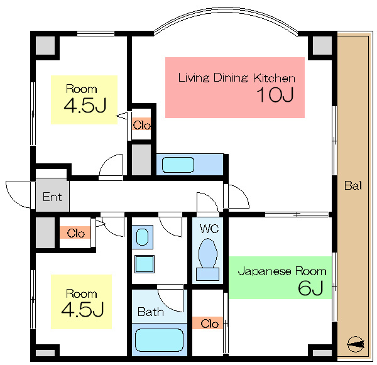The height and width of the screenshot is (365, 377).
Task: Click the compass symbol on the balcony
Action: [x=356, y=344]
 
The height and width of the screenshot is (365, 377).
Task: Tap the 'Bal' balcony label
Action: [x=353, y=185]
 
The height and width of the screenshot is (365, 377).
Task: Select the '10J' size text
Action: [x=275, y=95]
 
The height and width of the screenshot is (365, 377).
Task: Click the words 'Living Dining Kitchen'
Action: [x=237, y=78]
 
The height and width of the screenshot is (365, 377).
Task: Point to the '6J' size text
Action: [x=310, y=288]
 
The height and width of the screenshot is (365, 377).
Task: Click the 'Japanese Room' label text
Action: [x=282, y=271]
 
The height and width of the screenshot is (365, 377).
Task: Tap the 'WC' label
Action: [x=209, y=229]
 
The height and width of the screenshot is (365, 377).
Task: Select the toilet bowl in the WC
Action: [x=208, y=253]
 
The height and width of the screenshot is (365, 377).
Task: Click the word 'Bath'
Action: [x=151, y=312]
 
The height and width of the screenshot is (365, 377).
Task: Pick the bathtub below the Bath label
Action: [x=159, y=340]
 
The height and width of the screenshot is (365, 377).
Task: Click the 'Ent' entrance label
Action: [x=52, y=197]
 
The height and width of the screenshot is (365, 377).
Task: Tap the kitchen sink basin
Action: [x=178, y=165]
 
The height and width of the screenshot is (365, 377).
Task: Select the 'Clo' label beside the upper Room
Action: [x=141, y=125]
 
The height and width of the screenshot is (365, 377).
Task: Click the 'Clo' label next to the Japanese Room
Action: [x=210, y=324]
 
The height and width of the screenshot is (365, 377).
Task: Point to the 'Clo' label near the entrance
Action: [x=76, y=234]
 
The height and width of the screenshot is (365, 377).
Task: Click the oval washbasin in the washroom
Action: [x=143, y=237]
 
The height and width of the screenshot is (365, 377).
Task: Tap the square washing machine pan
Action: [x=145, y=264]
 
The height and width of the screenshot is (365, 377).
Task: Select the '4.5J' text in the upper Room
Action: [x=85, y=106]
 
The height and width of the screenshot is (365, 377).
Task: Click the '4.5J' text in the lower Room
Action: [x=82, y=309]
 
